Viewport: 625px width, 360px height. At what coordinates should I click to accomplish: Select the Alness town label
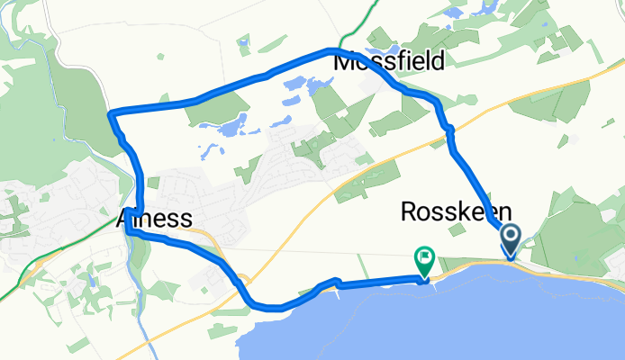pos(154,219)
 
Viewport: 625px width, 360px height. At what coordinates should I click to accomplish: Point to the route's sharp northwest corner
pos(110,114)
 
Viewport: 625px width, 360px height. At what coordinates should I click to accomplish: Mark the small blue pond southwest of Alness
pos(90,280)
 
